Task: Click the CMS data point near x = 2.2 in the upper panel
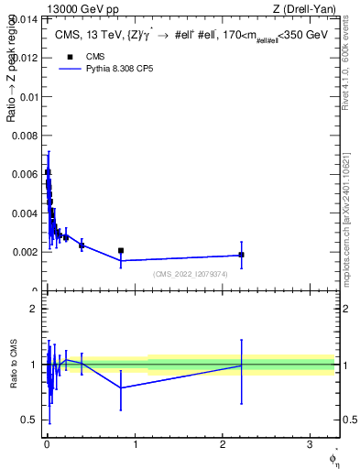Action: (241, 255)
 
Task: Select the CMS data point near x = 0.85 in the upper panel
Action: (121, 250)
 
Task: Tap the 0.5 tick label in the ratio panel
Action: (31, 420)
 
